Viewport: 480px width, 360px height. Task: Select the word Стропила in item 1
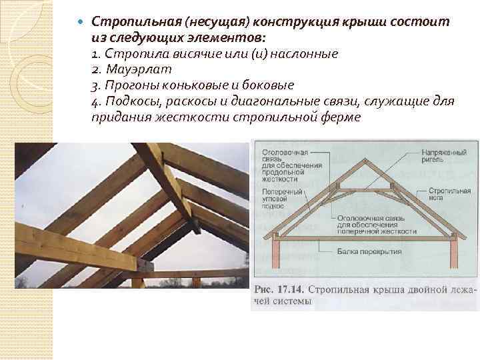coord(133,53)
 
